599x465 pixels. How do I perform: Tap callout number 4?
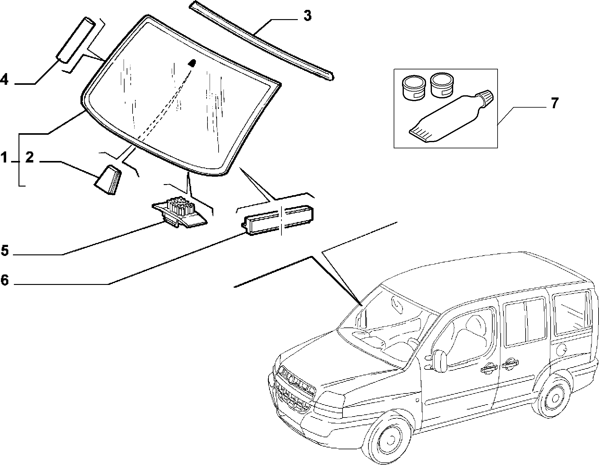(4, 80)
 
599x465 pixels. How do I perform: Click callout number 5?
(5, 250)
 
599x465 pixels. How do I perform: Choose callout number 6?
(5, 280)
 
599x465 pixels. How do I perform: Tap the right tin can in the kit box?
(442, 85)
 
